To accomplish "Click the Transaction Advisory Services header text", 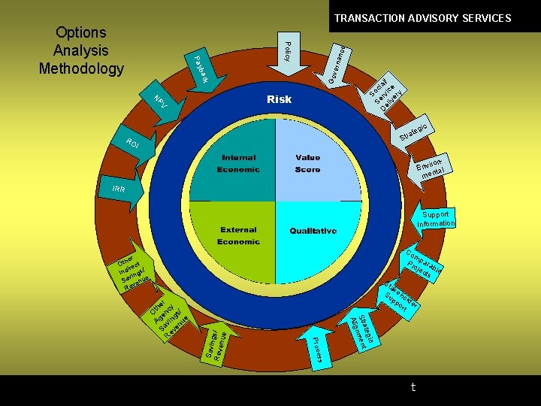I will pos(422,18).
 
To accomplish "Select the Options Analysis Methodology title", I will pos(81,50).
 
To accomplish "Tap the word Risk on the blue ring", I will pos(279,99).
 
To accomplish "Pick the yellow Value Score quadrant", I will pos(316,162).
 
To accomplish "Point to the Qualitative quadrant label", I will pos(313,231).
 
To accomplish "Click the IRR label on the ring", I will pos(119,189).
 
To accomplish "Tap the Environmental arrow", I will pos(434,167).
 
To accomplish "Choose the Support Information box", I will pos(437,219).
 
